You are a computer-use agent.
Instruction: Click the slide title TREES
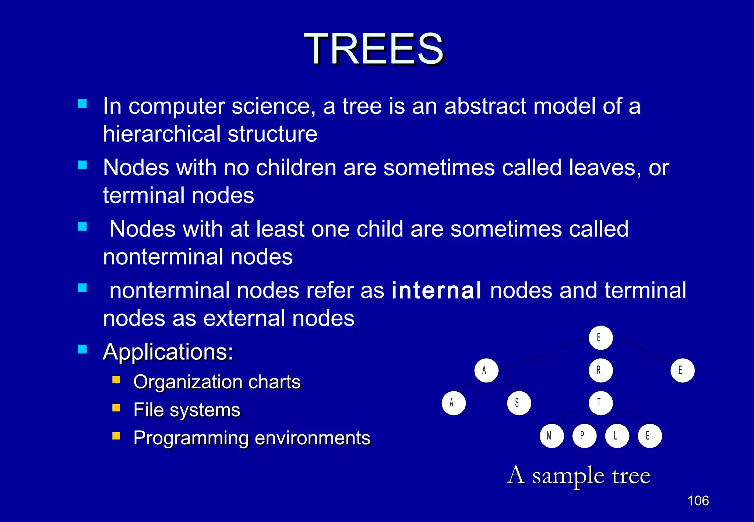[374, 49]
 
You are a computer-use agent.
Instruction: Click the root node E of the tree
[600, 338]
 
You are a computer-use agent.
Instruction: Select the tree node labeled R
[600, 370]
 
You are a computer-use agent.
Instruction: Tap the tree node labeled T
[600, 403]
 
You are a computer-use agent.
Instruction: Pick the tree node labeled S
[519, 403]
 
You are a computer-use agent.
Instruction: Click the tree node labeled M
[552, 436]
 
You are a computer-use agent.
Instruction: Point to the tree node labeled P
[584, 436]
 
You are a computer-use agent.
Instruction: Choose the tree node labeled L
[617, 436]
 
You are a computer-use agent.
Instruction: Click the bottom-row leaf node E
[650, 436]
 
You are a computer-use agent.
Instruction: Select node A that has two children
[486, 370]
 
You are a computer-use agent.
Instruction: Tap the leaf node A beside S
[454, 403]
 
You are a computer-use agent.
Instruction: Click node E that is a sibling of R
[682, 370]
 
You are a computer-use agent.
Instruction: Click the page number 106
[698, 501]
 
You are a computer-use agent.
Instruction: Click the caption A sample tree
[578, 476]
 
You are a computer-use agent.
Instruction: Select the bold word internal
[436, 290]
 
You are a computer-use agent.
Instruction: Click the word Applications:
[168, 352]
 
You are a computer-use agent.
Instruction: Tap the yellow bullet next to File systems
[116, 408]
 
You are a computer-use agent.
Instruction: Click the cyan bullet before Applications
[82, 349]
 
